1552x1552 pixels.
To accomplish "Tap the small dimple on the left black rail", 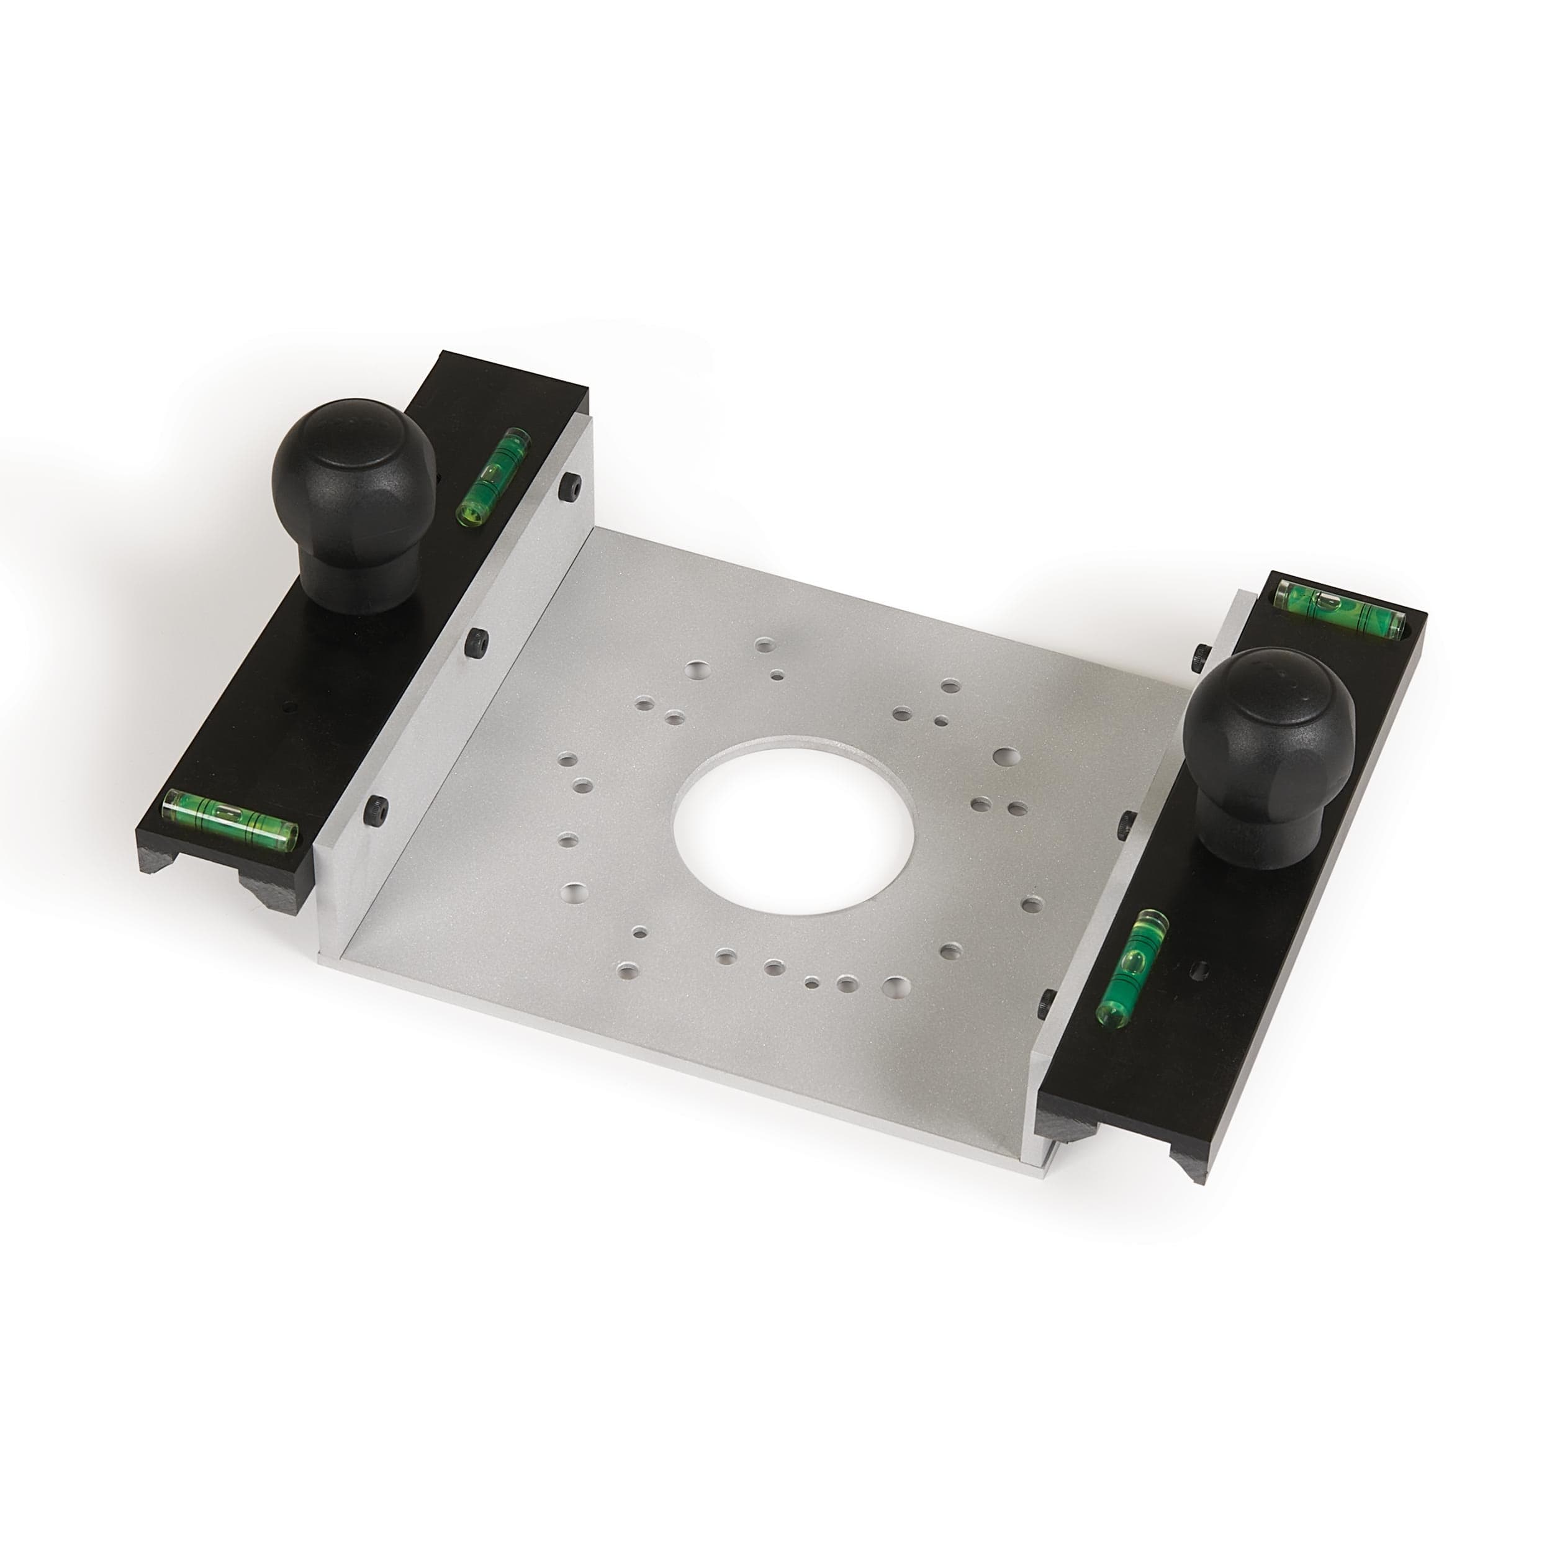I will pos(290,708).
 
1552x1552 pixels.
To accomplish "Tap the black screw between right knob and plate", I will pos(1128,821).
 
